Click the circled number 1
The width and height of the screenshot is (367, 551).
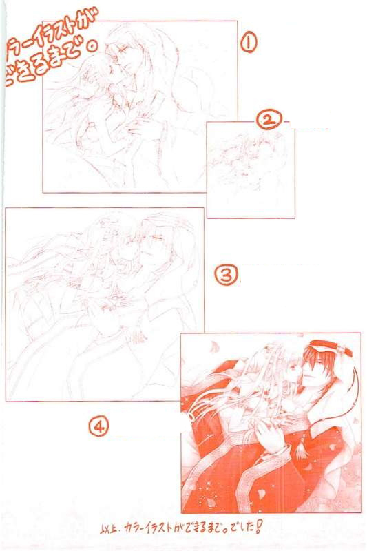tap(248, 42)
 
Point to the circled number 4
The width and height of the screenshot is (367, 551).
tap(99, 427)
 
